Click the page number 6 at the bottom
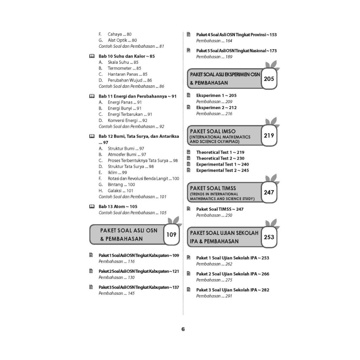point(183,329)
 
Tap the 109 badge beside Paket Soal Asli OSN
point(171,234)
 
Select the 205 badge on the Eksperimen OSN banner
point(269,79)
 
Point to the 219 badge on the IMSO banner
point(269,135)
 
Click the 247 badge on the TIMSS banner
point(269,192)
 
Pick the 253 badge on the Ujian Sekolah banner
point(269,237)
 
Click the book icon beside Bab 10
point(92,56)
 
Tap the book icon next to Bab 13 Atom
point(92,206)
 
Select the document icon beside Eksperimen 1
point(189,95)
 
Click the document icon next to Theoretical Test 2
point(189,158)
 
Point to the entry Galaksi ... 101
point(116,191)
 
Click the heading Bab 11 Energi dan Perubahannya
point(137,96)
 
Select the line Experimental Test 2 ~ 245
point(223,171)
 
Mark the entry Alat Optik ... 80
point(118,40)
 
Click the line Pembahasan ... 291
point(214,296)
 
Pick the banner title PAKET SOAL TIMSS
point(213,188)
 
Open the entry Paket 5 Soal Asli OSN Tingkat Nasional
point(237,51)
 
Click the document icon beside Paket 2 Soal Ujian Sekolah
point(189,274)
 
